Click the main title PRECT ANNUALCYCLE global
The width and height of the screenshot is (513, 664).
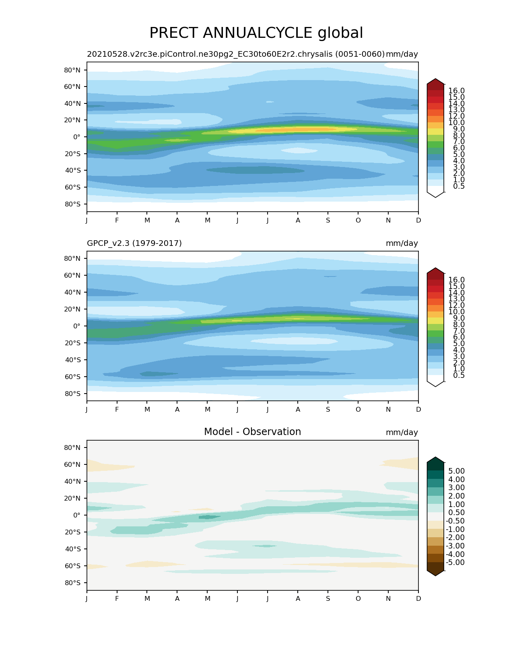coord(256,33)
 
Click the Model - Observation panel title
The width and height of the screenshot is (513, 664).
coord(252,432)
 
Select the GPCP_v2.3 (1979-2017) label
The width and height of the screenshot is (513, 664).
coord(134,243)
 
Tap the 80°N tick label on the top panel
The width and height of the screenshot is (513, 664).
coord(72,70)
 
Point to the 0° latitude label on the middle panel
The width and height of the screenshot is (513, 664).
coord(77,326)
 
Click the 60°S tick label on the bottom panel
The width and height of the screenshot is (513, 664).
coord(73,566)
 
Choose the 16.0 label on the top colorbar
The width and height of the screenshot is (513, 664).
coord(456,91)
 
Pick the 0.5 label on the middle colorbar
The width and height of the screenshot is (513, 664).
coord(459,375)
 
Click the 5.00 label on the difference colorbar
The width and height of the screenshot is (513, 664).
coord(456,471)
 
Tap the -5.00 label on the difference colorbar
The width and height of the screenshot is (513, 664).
coord(455,562)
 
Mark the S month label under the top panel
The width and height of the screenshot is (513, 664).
coord(328,220)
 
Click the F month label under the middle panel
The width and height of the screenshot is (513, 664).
coord(117,409)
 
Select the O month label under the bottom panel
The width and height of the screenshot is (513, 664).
coord(358,599)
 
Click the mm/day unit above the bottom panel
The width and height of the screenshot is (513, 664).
coord(402,432)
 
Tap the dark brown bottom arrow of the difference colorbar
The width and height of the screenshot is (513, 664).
coord(435,573)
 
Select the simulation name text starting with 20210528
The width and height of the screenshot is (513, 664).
coord(236,54)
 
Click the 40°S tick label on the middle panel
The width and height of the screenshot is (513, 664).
coord(73,360)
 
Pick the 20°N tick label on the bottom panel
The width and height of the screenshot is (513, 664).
coord(72,498)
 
